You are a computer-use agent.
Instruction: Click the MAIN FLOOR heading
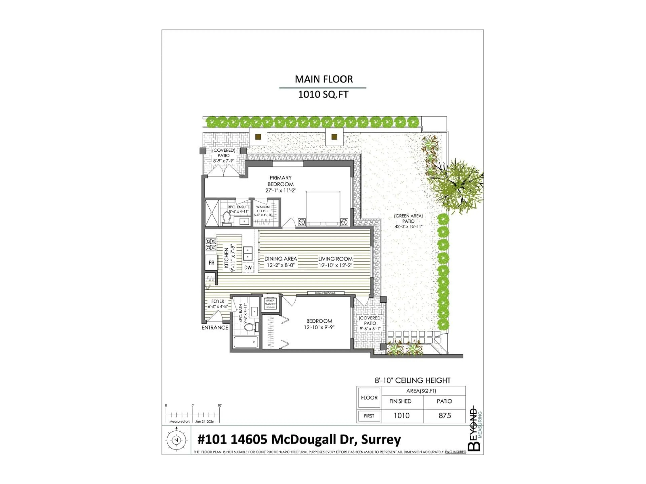click(324, 79)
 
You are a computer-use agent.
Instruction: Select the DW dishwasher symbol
click(248, 267)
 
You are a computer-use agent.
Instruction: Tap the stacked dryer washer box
click(270, 304)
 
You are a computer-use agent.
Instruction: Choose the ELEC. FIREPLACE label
click(325, 293)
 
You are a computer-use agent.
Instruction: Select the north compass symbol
click(176, 440)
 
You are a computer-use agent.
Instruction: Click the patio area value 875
click(444, 415)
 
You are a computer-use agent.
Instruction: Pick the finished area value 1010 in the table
click(402, 415)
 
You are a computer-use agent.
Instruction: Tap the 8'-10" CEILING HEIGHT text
click(412, 380)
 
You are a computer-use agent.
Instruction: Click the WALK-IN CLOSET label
click(263, 209)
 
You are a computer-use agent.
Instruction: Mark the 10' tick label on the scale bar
click(219, 405)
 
